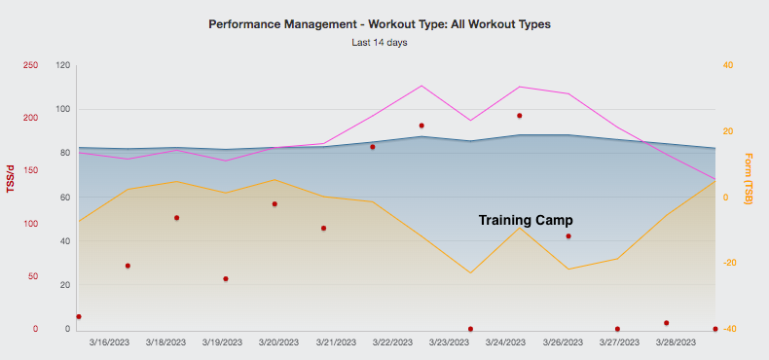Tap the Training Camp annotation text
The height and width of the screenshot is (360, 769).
[x=526, y=221]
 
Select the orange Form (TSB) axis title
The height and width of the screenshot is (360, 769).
[x=748, y=178]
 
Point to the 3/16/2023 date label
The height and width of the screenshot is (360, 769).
[x=110, y=342]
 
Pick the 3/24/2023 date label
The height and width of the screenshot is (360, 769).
[x=505, y=342]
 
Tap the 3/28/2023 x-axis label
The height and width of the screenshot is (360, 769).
[x=675, y=342]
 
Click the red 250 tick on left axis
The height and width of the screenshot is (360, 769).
[x=30, y=65]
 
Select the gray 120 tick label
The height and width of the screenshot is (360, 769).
[x=63, y=65]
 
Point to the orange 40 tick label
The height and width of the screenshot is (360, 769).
[x=727, y=65]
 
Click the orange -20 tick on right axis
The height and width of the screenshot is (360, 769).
[x=727, y=264]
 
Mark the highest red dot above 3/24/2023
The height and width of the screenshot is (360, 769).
[x=520, y=116]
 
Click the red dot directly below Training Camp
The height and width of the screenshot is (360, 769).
[x=568, y=235]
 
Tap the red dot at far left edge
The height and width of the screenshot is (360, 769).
[x=79, y=316]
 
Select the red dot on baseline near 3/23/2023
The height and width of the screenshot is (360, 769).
[x=470, y=329]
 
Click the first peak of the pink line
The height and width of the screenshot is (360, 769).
[x=421, y=86]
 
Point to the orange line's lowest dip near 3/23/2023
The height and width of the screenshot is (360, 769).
[x=470, y=272]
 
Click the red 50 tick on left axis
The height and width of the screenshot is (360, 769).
[x=33, y=276]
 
